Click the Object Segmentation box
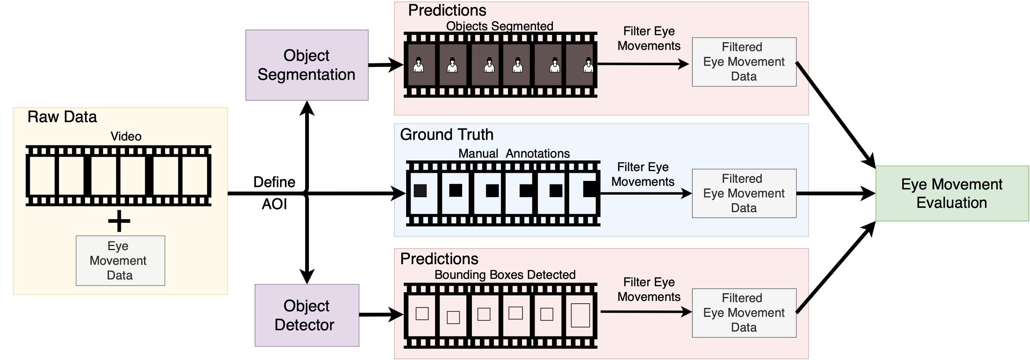pyautogui.click(x=307, y=65)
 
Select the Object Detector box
pyautogui.click(x=307, y=315)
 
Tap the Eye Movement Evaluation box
pyautogui.click(x=952, y=194)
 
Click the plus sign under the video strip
pyautogui.click(x=119, y=221)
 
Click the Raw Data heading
pyautogui.click(x=62, y=117)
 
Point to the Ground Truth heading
pyautogui.click(x=446, y=134)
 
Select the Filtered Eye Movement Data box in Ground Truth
pyautogui.click(x=744, y=193)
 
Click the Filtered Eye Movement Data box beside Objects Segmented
pyautogui.click(x=744, y=61)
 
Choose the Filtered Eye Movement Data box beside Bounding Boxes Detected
pyautogui.click(x=744, y=313)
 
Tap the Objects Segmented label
pyautogui.click(x=499, y=26)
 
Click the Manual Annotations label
pyautogui.click(x=514, y=153)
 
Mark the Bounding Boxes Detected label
pyautogui.click(x=505, y=275)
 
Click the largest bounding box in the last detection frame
pyautogui.click(x=580, y=315)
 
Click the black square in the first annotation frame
pyautogui.click(x=420, y=190)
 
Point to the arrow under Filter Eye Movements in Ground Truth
pyautogui.click(x=645, y=194)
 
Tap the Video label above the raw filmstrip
pyautogui.click(x=126, y=136)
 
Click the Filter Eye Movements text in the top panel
pyautogui.click(x=649, y=38)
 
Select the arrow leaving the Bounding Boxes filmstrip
pyautogui.click(x=645, y=312)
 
